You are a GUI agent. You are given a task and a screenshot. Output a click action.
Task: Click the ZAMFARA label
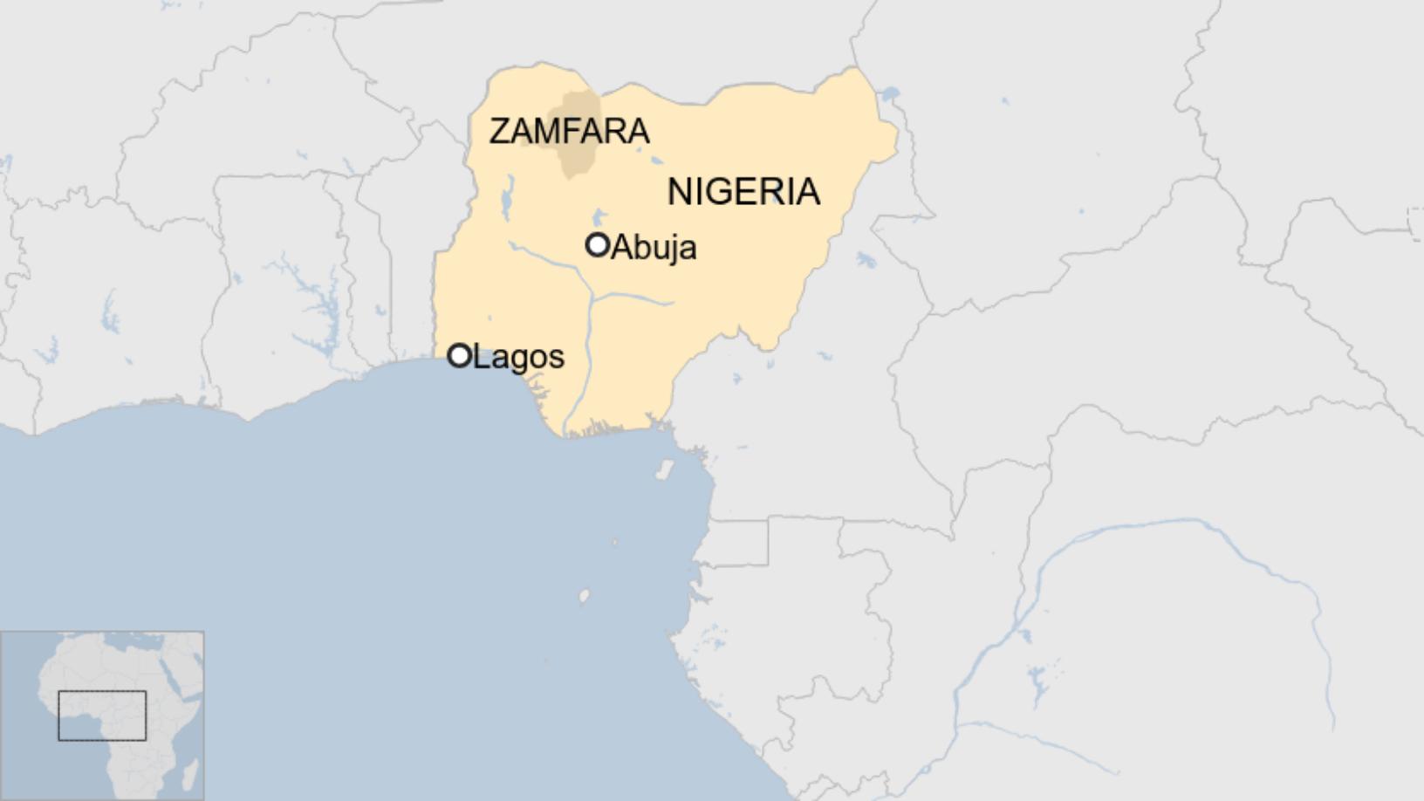(569, 131)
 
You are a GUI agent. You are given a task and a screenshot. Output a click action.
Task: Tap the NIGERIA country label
(743, 192)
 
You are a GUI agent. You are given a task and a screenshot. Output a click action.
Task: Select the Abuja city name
(654, 248)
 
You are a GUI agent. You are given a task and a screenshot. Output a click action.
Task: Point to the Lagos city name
(518, 357)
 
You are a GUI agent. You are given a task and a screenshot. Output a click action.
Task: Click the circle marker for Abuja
(597, 245)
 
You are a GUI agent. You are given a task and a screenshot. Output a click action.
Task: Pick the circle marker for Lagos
(459, 355)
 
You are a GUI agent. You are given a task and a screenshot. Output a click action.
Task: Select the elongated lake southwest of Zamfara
(506, 199)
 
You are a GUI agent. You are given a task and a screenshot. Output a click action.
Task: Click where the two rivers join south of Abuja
(592, 297)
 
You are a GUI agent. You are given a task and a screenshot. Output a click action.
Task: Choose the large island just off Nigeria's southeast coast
(665, 470)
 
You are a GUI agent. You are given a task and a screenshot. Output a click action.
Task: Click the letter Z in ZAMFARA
(499, 131)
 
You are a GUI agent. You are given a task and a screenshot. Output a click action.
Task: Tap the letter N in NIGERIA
(680, 192)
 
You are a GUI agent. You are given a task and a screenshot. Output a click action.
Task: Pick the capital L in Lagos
(479, 357)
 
